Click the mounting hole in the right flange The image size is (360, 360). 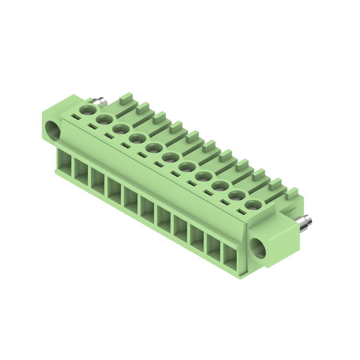point(260,249)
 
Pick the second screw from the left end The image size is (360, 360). point(103,119)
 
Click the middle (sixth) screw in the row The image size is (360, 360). point(170,157)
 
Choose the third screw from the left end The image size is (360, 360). point(120,129)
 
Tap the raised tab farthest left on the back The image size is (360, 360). point(126,98)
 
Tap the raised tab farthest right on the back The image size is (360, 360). point(292,193)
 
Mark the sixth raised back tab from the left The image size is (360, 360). point(209,145)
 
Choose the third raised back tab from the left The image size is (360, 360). point(160,117)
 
